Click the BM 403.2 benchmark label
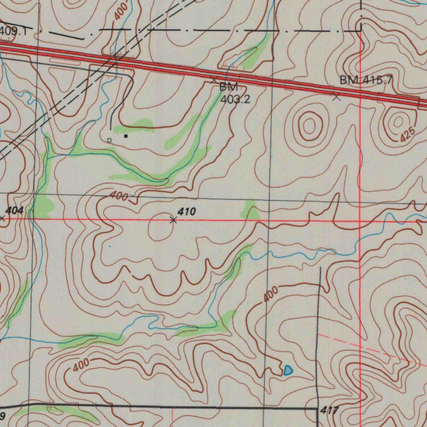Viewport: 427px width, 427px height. pos(235,93)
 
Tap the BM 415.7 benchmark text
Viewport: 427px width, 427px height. pos(366,80)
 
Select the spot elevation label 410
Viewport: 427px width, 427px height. pos(186,212)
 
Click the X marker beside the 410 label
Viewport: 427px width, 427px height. pos(173,220)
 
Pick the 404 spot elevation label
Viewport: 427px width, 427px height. pos(15,210)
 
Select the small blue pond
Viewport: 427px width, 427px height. pos(288,370)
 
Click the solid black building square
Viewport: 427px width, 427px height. pos(126,136)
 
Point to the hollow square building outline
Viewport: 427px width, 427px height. pos(109,141)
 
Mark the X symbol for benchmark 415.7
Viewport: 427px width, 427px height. pos(337,98)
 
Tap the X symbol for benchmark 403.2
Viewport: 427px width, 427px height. pos(213,79)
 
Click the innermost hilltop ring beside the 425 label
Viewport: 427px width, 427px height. pos(398,121)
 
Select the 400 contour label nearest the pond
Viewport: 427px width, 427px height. pos(270,295)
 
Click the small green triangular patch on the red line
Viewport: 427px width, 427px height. pos(251,211)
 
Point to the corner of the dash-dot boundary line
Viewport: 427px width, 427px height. pos(361,30)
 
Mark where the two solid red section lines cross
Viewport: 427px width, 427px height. pos(360,221)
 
